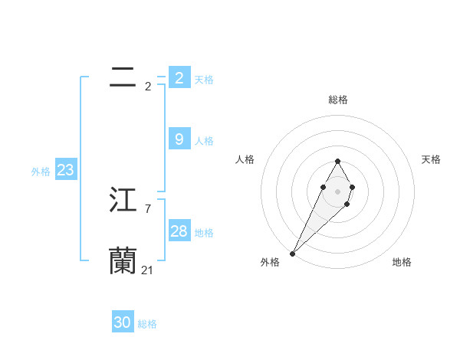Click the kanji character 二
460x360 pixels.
tap(123, 77)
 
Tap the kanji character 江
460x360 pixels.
tap(123, 200)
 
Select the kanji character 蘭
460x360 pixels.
tap(123, 261)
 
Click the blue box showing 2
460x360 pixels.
tap(179, 78)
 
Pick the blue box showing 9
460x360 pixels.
tap(179, 139)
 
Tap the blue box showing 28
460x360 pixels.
tap(179, 231)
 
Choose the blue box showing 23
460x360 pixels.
tap(65, 170)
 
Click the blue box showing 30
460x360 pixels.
tap(123, 323)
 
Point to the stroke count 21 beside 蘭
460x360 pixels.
tap(147, 270)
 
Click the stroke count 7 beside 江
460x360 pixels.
tap(147, 208)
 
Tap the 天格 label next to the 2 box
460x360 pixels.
tap(204, 80)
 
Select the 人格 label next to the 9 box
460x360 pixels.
tap(204, 141)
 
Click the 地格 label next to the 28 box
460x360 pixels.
tap(204, 233)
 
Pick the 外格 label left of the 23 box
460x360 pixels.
tap(41, 172)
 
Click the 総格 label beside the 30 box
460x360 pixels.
tap(147, 324)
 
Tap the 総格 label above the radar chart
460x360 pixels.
tap(337, 100)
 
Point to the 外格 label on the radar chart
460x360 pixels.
tap(270, 262)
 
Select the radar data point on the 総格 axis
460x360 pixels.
tap(337, 161)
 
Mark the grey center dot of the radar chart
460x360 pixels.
tap(337, 191)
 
